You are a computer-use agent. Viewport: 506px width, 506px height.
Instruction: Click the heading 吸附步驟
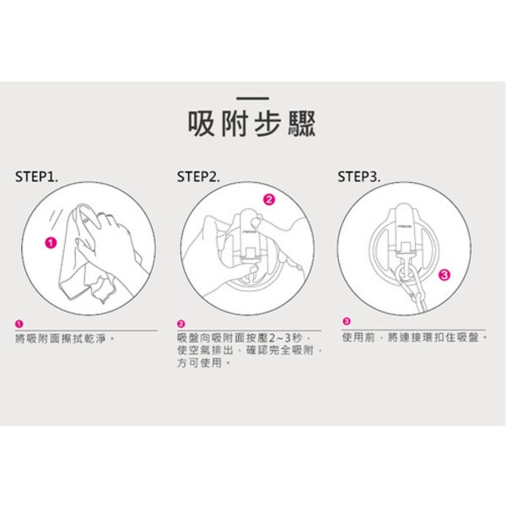pyautogui.click(x=251, y=124)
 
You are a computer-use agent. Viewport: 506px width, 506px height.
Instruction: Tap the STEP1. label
pyautogui.click(x=37, y=177)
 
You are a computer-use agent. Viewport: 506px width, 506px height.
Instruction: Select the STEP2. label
pyautogui.click(x=198, y=177)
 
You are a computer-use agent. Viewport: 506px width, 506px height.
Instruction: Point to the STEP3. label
pyautogui.click(x=359, y=177)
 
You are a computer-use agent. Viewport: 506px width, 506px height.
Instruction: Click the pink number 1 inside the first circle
pyautogui.click(x=51, y=243)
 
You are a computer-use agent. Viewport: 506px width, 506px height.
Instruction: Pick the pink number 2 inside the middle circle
pyautogui.click(x=269, y=200)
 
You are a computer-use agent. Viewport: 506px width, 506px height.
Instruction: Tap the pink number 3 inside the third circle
pyautogui.click(x=444, y=275)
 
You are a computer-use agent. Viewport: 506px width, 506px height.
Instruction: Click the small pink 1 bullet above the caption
pyautogui.click(x=19, y=324)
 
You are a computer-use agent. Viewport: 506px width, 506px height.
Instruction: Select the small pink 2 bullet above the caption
pyautogui.click(x=181, y=324)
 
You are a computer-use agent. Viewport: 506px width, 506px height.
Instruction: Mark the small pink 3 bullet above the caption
pyautogui.click(x=347, y=321)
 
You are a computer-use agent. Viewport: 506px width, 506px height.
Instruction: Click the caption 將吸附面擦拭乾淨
pyautogui.click(x=65, y=339)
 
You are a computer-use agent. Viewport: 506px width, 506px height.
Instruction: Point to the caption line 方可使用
pyautogui.click(x=203, y=363)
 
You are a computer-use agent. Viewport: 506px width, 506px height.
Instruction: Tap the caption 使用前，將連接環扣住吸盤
pyautogui.click(x=415, y=337)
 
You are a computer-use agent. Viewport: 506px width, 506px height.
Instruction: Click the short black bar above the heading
pyautogui.click(x=252, y=98)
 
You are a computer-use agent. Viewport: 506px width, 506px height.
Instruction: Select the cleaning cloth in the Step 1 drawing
pyautogui.click(x=84, y=255)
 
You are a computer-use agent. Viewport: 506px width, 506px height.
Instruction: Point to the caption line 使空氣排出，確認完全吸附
pyautogui.click(x=250, y=351)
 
